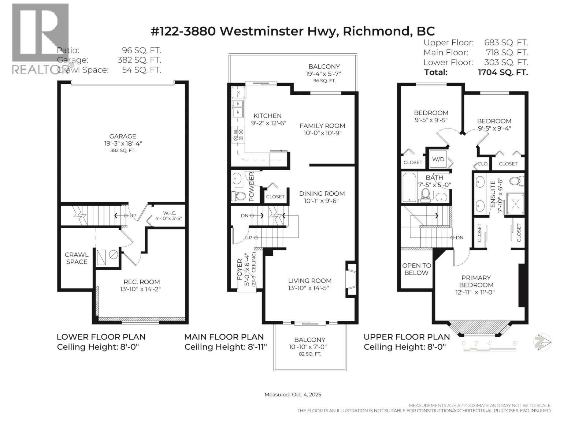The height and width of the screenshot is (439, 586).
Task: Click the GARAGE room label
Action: (123, 136)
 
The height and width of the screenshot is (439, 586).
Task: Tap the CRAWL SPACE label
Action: (77, 258)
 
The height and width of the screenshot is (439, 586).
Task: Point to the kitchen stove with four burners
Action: (238, 135)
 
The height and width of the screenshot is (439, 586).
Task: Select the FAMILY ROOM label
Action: (322, 126)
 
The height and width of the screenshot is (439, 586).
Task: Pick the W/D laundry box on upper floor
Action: (438, 159)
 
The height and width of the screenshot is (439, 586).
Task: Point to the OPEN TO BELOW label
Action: (416, 269)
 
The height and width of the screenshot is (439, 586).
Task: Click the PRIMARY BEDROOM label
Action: (476, 281)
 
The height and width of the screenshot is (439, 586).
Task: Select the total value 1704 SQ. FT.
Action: (503, 72)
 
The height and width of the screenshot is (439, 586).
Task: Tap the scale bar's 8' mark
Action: (515, 344)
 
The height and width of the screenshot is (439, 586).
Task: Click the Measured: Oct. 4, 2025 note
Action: (293, 394)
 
